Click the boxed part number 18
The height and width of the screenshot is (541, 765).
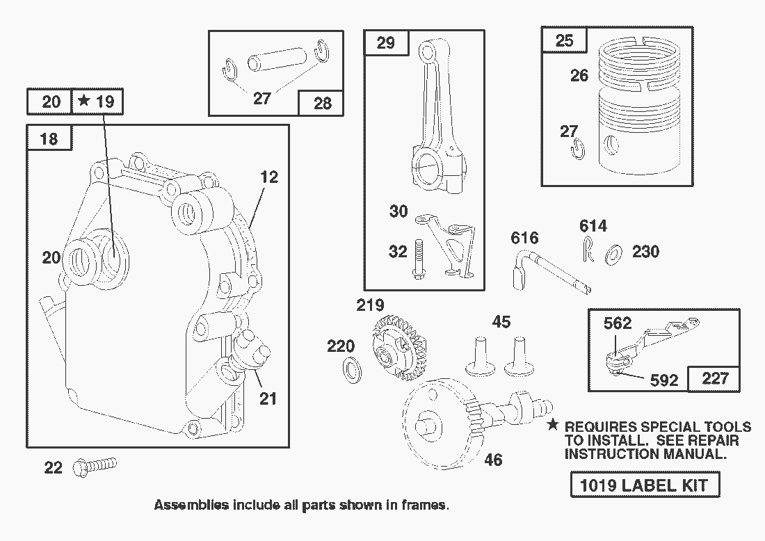click(49, 138)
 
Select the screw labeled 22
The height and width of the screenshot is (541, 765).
click(97, 464)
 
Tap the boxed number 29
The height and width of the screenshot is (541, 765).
click(385, 43)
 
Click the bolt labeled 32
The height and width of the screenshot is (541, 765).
click(418, 259)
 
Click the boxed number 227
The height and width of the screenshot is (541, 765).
click(715, 378)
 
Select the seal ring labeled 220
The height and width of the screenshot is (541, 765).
click(353, 371)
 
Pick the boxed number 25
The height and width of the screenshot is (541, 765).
click(565, 40)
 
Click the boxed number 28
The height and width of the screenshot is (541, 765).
click(322, 104)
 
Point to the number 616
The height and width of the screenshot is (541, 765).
click(525, 239)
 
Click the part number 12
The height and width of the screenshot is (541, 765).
click(269, 177)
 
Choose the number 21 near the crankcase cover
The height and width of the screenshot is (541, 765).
click(268, 398)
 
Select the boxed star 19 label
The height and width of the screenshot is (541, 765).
click(97, 102)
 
